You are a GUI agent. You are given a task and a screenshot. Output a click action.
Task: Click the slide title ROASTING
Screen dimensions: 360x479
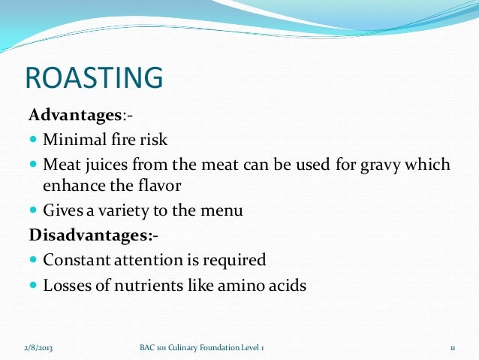(x=94, y=79)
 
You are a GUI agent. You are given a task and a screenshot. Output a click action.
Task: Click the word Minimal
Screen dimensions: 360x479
(x=72, y=140)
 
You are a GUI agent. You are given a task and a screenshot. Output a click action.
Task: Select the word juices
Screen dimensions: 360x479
(x=104, y=164)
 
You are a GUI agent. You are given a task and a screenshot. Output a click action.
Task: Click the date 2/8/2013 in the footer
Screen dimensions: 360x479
(x=38, y=347)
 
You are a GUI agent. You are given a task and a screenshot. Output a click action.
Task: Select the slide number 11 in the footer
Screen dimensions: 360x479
(x=453, y=347)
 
